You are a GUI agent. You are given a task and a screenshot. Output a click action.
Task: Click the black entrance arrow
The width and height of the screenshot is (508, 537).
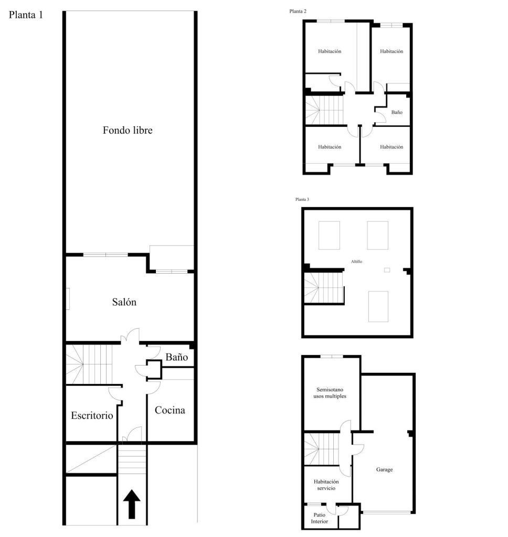[132, 504]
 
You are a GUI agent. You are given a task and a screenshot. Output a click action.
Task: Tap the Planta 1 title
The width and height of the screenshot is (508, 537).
[26, 15]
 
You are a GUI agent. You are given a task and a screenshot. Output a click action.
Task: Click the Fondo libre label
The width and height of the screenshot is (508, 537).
[128, 130]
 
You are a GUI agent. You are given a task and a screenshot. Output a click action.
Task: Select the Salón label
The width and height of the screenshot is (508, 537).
[124, 302]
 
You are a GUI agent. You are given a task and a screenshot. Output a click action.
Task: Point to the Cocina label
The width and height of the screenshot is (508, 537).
[170, 410]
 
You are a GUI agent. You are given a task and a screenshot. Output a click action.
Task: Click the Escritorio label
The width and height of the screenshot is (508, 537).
[92, 415]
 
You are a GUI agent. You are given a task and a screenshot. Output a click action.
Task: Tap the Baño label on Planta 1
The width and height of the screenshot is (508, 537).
[176, 357]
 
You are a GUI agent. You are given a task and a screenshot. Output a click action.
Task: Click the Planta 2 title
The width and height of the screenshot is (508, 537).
[298, 12]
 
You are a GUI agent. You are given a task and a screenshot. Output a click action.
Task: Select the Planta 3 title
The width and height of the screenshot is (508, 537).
[302, 199]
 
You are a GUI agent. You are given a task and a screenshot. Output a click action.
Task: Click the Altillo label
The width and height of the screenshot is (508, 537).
[356, 261]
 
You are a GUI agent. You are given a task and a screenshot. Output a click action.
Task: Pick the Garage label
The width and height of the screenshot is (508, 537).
[384, 469]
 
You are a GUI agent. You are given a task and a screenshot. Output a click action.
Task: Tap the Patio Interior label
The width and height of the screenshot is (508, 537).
[319, 518]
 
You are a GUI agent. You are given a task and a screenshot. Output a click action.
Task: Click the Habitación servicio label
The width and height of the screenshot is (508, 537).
[326, 485]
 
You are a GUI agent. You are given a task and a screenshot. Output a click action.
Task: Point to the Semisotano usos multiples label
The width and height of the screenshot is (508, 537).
[330, 393]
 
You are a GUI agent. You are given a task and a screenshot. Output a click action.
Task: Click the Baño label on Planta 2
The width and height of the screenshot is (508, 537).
[397, 112]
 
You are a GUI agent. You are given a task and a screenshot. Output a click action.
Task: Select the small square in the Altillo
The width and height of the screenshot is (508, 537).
[387, 270]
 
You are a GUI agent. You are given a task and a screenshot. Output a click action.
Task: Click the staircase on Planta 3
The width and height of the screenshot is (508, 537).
[324, 288]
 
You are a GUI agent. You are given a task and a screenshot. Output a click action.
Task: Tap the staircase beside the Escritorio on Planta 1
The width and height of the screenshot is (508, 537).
[89, 364]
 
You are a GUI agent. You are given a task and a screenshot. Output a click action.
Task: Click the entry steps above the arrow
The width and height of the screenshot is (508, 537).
[132, 459]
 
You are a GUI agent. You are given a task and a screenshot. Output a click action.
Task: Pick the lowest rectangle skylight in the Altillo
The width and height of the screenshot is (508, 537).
[378, 306]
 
